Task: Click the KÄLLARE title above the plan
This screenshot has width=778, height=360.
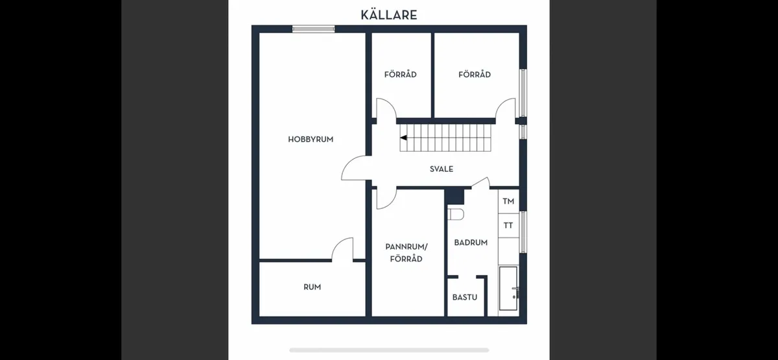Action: click(x=388, y=14)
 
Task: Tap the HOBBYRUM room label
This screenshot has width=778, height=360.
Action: click(x=311, y=139)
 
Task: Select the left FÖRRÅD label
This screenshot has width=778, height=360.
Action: click(x=400, y=75)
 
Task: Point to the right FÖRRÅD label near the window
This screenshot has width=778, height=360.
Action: click(x=474, y=75)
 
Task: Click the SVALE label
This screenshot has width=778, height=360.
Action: click(x=441, y=169)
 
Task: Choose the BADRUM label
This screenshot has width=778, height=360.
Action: click(x=470, y=243)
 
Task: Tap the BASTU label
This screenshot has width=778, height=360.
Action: click(x=465, y=298)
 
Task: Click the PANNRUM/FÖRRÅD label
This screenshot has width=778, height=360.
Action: click(x=407, y=252)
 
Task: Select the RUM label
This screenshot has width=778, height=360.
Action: click(x=312, y=287)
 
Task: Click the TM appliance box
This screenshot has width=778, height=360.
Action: click(x=508, y=202)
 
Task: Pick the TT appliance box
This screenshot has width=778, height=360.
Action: click(x=508, y=226)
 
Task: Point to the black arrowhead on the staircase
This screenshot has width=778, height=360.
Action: click(x=403, y=138)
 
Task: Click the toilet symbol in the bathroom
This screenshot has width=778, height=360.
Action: click(x=455, y=214)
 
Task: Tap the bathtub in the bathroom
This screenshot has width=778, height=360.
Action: click(x=508, y=291)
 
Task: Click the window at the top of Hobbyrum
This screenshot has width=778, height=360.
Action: click(x=313, y=29)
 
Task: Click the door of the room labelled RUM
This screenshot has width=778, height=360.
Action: click(x=343, y=249)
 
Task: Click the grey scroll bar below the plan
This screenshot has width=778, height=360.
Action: click(x=388, y=350)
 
